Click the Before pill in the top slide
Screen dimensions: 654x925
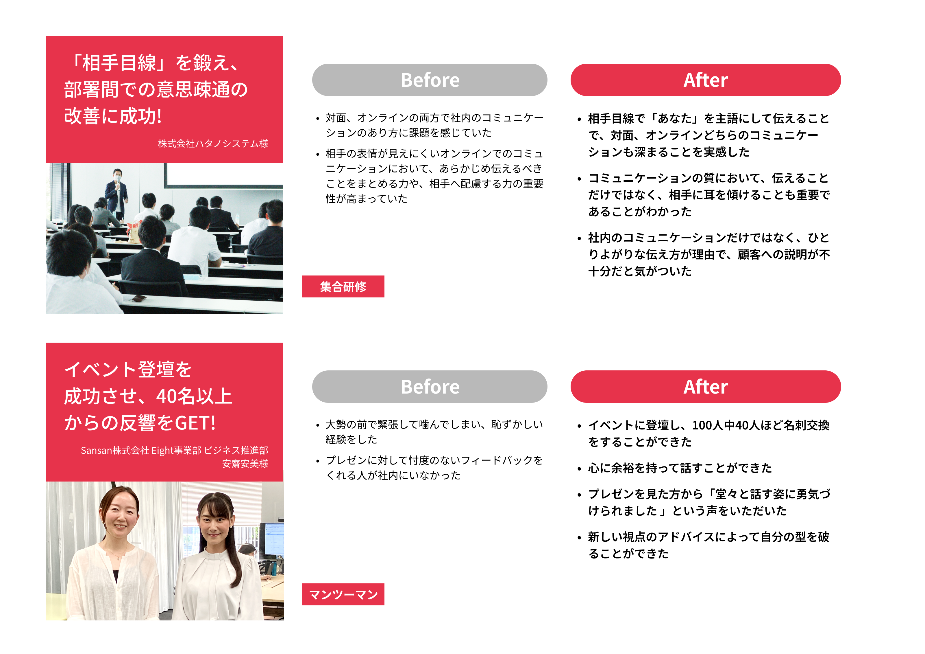[x=430, y=80]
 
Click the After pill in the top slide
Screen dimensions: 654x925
[x=705, y=80]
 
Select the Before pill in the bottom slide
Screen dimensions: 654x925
[x=430, y=387]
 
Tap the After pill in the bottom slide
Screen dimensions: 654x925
[x=705, y=387]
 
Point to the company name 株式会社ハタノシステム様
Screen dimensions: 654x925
[x=213, y=144]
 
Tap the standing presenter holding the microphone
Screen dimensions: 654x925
[x=116, y=194]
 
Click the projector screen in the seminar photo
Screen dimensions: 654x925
[x=224, y=175]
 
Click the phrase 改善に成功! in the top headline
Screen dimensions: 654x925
[x=113, y=116]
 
